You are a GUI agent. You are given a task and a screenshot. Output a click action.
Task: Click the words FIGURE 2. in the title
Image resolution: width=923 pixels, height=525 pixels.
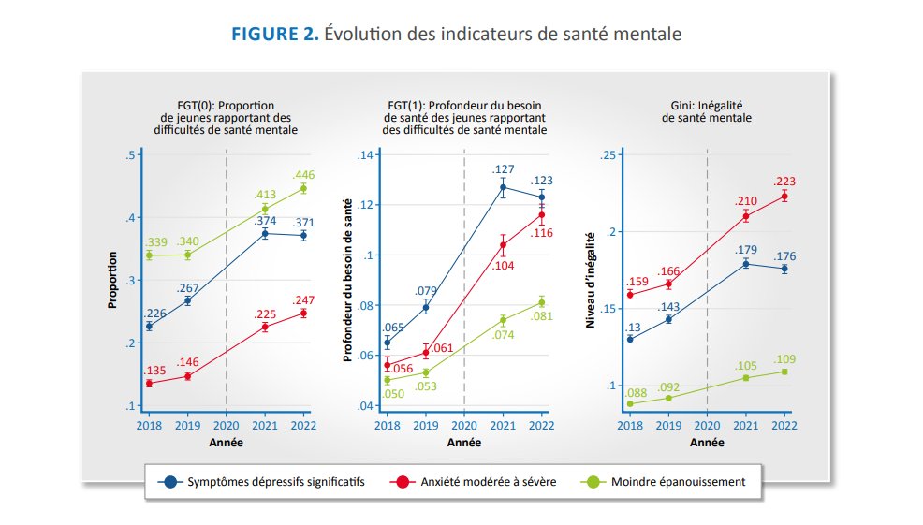pyautogui.click(x=275, y=34)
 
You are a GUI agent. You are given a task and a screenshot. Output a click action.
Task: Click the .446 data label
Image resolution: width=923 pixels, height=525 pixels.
pyautogui.click(x=303, y=175)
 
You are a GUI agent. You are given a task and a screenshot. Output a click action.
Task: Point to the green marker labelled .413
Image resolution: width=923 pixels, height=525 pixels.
pyautogui.click(x=265, y=209)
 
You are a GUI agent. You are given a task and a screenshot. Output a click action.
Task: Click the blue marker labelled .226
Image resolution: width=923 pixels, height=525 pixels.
pyautogui.click(x=149, y=326)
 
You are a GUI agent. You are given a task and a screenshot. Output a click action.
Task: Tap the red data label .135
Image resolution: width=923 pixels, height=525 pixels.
pyautogui.click(x=154, y=371)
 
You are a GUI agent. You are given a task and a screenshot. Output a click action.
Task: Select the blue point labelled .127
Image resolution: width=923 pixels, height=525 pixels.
pyautogui.click(x=503, y=187)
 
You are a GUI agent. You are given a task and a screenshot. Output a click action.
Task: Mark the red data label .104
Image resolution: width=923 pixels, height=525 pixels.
pyautogui.click(x=503, y=266)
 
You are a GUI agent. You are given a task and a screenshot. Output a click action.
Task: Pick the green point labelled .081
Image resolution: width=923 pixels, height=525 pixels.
pyautogui.click(x=542, y=302)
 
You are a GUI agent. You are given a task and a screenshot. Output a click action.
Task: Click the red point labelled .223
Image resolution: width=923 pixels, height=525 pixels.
pyautogui.click(x=784, y=197)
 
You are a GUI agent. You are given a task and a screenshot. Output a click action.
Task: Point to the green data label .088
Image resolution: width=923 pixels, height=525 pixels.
pyautogui.click(x=636, y=392)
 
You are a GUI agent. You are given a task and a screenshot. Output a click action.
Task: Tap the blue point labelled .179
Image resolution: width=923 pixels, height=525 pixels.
pyautogui.click(x=746, y=264)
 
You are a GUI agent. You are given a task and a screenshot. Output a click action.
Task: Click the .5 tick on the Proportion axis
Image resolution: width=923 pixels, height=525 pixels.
pyautogui.click(x=130, y=154)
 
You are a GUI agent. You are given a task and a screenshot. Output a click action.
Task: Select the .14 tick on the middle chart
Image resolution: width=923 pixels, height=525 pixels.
pyautogui.click(x=366, y=154)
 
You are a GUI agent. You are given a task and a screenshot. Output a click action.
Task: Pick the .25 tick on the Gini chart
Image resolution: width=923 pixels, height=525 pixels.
pyautogui.click(x=608, y=154)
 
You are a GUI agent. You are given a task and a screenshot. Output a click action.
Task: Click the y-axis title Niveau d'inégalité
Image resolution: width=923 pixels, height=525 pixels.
pyautogui.click(x=591, y=280)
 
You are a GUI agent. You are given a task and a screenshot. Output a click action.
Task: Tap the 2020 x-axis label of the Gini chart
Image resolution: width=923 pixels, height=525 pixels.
pyautogui.click(x=707, y=426)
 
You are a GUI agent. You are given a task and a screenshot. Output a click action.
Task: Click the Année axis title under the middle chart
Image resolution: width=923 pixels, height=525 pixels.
pyautogui.click(x=464, y=443)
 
